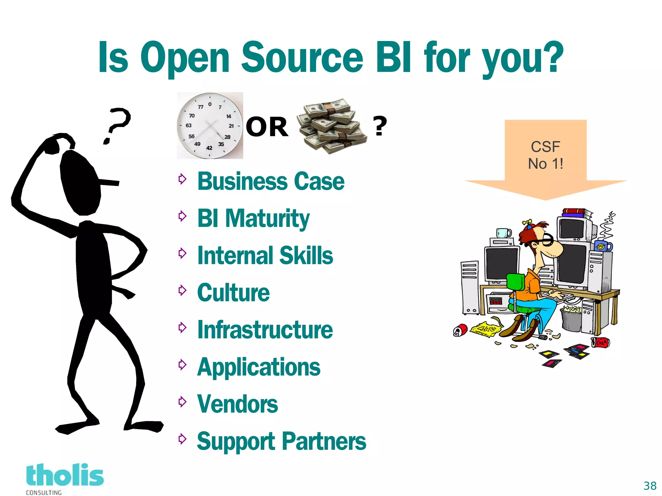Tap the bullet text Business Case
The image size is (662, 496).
point(271,181)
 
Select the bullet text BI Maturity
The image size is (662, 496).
point(253,219)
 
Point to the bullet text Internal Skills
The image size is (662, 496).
point(265,256)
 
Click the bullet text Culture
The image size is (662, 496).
point(233,293)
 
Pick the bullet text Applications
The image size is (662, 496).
point(259,367)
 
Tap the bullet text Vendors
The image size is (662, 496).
point(237,404)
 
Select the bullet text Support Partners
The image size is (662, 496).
point(281,441)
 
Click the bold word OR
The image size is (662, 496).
point(267,127)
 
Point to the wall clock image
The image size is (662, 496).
point(210,125)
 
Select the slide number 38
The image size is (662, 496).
point(650,486)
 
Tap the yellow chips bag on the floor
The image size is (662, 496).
point(486,329)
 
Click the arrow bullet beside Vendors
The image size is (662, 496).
point(183,402)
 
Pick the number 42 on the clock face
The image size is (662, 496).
point(209,148)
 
